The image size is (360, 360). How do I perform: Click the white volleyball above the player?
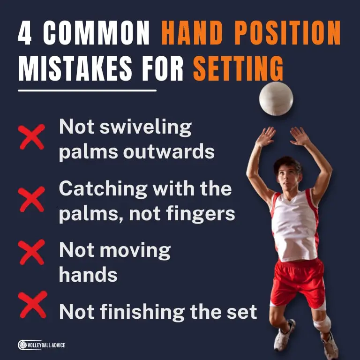click(x=276, y=98)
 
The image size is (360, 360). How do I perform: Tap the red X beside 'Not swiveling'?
click(x=32, y=137)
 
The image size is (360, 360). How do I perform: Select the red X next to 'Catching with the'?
click(x=32, y=199)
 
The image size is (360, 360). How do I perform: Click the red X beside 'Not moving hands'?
click(x=32, y=253)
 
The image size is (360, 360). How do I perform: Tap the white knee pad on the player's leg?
click(x=322, y=324)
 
